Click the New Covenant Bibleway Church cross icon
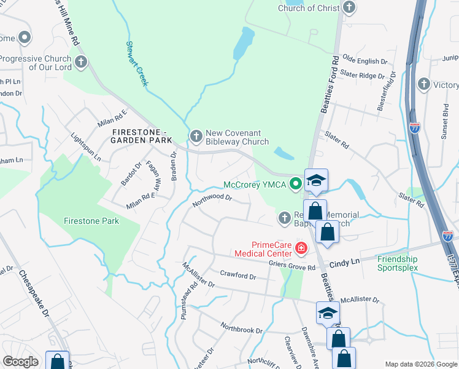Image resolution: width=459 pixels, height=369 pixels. click(196, 136)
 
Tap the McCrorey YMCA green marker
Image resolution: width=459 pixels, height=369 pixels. click(296, 183)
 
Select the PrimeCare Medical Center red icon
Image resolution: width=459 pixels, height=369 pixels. click(301, 248)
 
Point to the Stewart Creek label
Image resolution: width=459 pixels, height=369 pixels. click(137, 64)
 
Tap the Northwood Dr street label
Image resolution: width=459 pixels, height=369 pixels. click(211, 198)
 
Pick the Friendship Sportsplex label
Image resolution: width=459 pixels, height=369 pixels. click(398, 263)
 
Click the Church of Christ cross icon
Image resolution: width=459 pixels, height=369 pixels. click(349, 8)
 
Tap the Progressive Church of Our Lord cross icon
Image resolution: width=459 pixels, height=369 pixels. click(81, 62)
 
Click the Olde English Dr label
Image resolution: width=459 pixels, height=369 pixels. click(365, 61)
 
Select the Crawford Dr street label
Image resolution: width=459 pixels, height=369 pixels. click(237, 276)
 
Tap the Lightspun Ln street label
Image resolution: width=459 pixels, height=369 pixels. click(86, 147)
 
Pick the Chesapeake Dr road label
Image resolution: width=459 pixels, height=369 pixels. click(34, 292)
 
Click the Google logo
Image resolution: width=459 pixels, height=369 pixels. click(20, 362)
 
